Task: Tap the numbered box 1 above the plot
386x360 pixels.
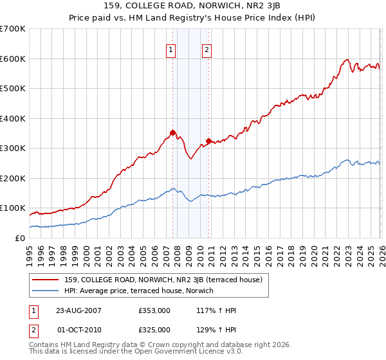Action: tap(171, 50)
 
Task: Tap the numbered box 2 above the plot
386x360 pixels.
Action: tap(207, 50)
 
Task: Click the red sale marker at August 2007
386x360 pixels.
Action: tap(172, 132)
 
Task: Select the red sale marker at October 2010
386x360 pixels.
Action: tap(208, 141)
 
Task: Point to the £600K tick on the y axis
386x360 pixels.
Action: tap(13, 59)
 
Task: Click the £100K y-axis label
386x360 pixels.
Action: tap(13, 208)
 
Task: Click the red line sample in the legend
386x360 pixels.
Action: tap(46, 280)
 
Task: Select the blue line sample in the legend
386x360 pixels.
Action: tap(46, 291)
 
